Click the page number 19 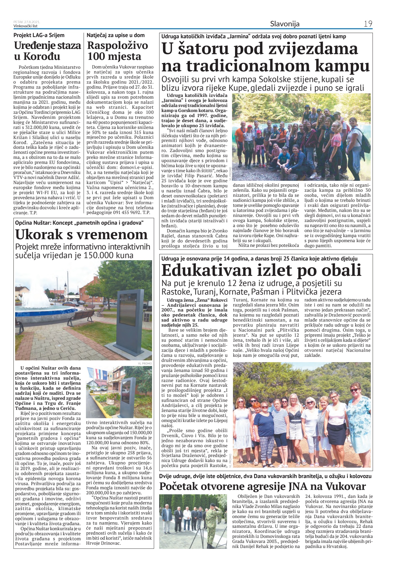click(368, 24)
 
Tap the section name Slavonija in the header click(285, 24)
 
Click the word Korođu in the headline click(42, 56)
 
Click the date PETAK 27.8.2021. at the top click(27, 22)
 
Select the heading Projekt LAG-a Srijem click(39, 35)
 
